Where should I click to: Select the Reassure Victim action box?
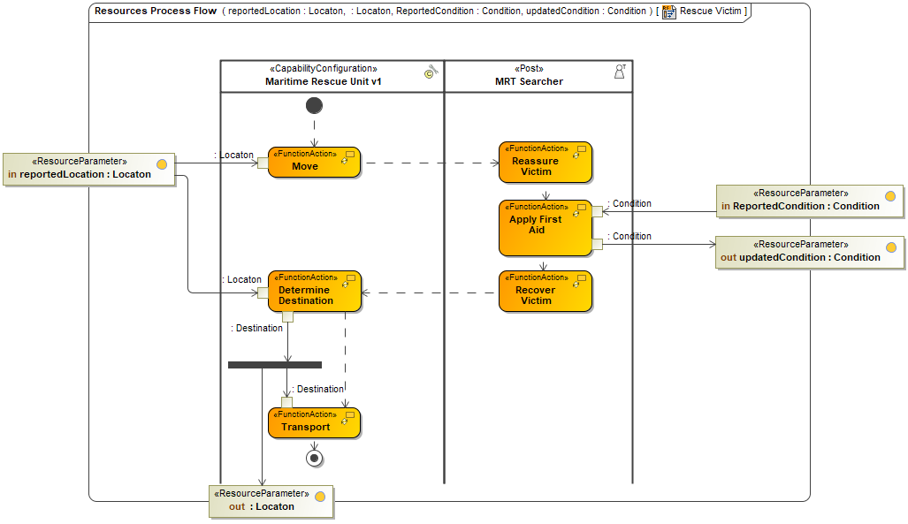click(545, 163)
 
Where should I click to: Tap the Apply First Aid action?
click(545, 228)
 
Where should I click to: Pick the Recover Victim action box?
click(545, 292)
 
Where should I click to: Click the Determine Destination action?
click(314, 292)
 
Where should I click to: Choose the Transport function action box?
click(314, 423)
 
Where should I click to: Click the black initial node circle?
click(314, 105)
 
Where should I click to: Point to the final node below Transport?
click(314, 457)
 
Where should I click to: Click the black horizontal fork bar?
click(275, 364)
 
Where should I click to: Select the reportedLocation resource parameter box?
click(88, 169)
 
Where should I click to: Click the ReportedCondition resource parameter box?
click(809, 201)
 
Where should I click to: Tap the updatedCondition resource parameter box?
click(809, 252)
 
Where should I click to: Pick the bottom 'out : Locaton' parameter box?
click(270, 501)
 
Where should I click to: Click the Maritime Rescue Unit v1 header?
click(332, 76)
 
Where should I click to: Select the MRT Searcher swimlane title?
click(529, 81)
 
